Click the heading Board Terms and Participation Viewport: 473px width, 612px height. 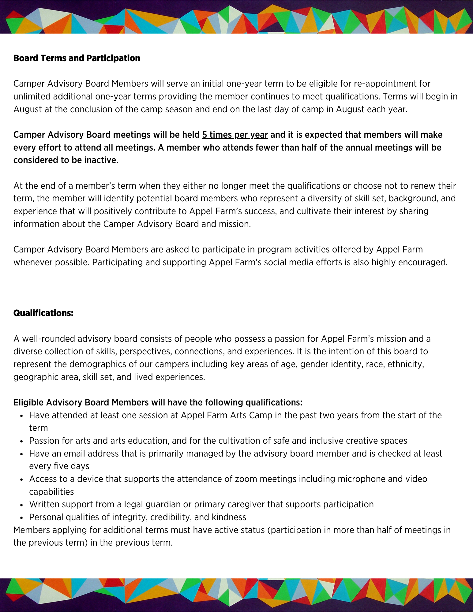click(77, 58)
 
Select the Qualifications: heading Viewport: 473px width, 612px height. click(43, 313)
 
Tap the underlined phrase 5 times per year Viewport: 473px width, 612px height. click(235, 135)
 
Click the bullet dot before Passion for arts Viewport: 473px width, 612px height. click(21, 441)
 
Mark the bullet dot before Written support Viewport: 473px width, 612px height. click(21, 505)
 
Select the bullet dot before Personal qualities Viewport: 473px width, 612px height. click(21, 518)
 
